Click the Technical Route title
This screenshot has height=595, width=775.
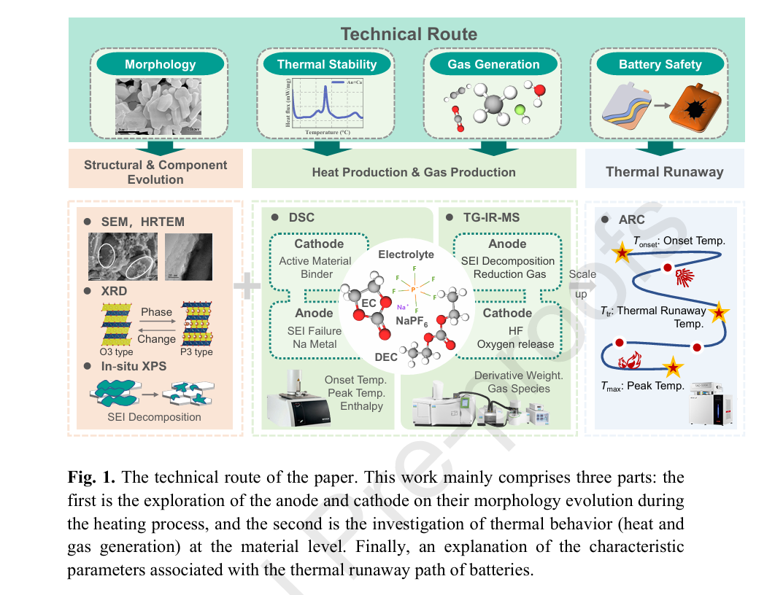pos(409,34)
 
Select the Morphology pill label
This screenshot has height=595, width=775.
pos(160,64)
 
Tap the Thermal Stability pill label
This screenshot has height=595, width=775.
pos(327,64)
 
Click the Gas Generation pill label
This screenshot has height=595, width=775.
pos(493,64)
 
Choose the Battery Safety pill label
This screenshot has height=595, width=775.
pos(660,64)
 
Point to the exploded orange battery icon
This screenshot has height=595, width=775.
pos(695,108)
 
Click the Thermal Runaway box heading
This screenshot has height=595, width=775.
pos(664,172)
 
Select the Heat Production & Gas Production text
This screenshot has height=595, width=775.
pos(414,172)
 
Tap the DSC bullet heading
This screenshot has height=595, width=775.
pos(301,217)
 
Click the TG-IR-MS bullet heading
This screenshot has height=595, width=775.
pos(493,217)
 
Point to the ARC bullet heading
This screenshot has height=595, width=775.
pos(631,219)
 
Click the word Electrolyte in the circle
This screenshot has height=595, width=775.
pos(406,254)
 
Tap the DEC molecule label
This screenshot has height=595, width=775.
pos(386,357)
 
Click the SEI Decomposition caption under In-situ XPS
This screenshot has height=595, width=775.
pos(154,417)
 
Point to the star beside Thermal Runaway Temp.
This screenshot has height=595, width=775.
pos(720,313)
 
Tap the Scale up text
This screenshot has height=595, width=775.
pos(582,283)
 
